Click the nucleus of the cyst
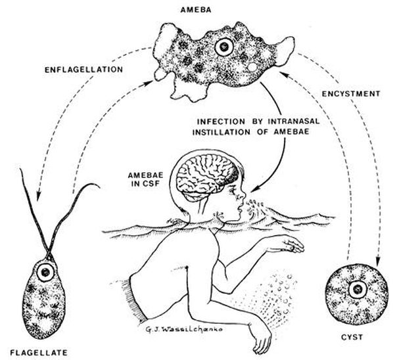(358, 289)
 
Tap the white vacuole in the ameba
(252, 67)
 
